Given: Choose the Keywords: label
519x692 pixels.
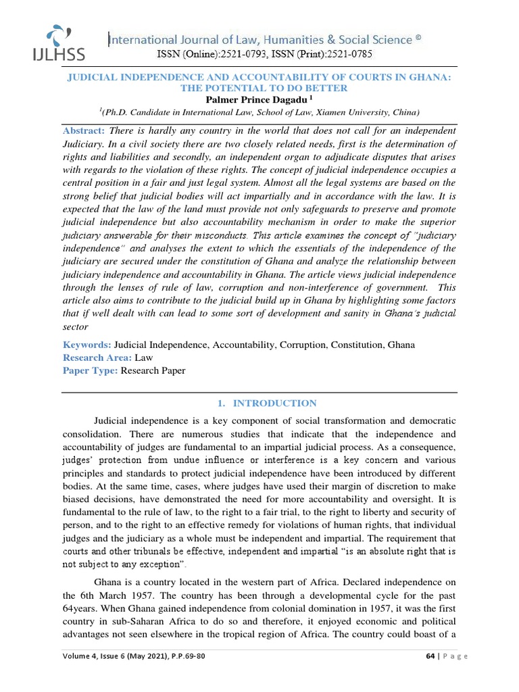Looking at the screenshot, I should [87, 345].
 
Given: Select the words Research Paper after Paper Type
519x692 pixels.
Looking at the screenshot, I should [153, 370].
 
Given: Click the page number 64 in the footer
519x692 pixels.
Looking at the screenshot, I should [430, 656].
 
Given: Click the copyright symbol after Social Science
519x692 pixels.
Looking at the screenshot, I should [419, 39].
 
